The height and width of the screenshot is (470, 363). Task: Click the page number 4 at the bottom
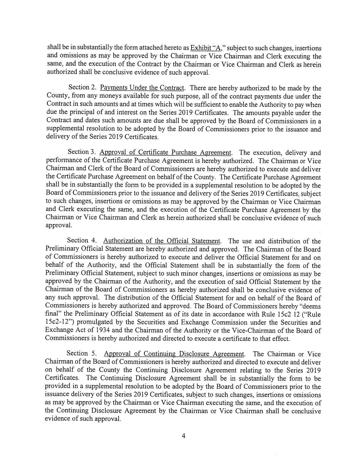click(184, 436)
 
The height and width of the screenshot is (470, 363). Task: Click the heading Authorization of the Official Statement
click(162, 241)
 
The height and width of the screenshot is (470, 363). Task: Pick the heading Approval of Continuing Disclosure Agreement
click(174, 354)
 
